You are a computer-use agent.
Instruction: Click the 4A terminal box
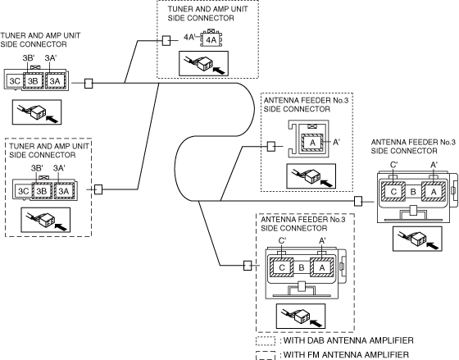[211, 39]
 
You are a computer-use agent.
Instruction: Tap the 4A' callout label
[189, 37]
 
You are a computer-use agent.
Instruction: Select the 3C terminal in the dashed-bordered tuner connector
[24, 191]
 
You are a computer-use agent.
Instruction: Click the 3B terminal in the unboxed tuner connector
[33, 81]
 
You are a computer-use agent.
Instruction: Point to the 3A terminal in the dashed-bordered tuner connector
[64, 191]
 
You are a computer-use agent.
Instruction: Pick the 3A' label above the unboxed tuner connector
[50, 58]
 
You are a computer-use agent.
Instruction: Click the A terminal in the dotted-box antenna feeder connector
[312, 143]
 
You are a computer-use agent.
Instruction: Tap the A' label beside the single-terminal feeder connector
[336, 142]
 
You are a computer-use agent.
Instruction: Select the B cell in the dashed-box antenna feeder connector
[302, 267]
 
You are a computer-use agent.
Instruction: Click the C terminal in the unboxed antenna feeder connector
[393, 192]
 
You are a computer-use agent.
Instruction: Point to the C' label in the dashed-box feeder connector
[282, 241]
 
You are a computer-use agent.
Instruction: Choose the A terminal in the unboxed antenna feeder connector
[434, 192]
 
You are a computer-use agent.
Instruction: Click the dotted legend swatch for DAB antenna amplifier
[266, 341]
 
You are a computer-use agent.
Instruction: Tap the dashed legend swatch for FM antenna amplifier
[266, 355]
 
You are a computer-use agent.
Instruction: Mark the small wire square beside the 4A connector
[166, 41]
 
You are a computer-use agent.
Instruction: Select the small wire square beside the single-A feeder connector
[271, 147]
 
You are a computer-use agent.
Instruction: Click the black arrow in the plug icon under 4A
[220, 71]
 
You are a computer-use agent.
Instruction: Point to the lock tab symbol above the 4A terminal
[211, 31]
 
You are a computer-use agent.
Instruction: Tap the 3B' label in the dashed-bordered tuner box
[37, 168]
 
